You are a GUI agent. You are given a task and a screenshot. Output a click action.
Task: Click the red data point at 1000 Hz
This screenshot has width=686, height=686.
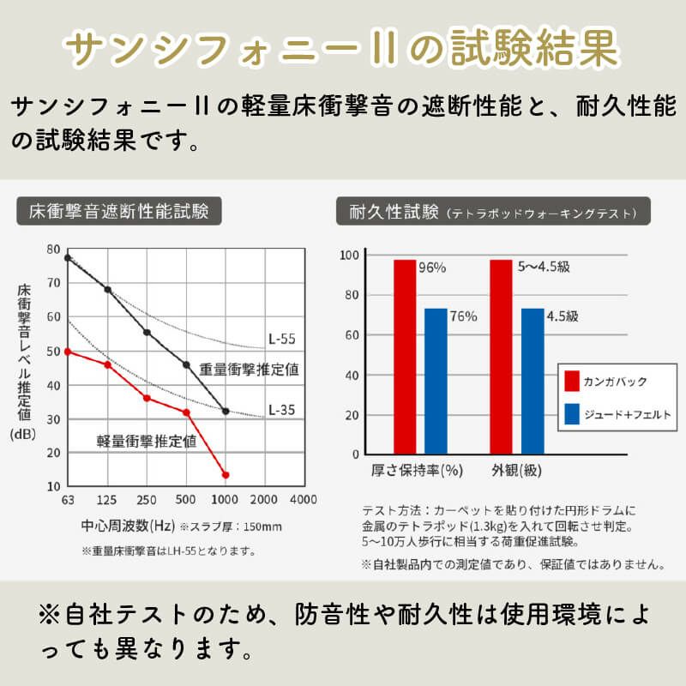[x=226, y=475]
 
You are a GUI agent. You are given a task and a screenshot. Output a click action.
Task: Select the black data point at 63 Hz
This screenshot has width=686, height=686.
[x=67, y=257]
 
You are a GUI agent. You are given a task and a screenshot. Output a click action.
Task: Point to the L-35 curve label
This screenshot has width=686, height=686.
[x=280, y=409]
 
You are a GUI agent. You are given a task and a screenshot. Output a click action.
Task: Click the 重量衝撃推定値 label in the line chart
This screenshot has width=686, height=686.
[x=249, y=370]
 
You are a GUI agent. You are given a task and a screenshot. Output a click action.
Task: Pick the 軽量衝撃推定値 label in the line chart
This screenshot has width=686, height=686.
[x=146, y=442]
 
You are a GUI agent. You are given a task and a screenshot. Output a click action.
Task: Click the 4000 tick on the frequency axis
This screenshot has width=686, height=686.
[x=303, y=500]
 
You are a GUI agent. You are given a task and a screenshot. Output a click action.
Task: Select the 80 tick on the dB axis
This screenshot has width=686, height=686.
[x=54, y=249]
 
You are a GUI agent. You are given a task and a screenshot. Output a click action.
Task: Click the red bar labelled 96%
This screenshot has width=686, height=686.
[x=405, y=356]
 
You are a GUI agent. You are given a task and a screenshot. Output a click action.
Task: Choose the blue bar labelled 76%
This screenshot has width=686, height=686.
[x=436, y=381]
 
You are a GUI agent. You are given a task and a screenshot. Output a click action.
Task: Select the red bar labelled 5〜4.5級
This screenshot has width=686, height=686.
[x=501, y=356]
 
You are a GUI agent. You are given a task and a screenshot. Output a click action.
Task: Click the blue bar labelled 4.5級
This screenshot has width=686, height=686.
[x=532, y=381]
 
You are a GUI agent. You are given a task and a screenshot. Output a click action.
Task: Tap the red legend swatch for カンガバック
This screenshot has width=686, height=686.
[x=573, y=381]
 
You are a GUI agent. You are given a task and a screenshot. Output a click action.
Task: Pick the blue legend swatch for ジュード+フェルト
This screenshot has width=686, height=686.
[x=573, y=414]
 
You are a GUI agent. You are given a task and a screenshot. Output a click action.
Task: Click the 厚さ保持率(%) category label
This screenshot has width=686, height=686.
[x=417, y=470]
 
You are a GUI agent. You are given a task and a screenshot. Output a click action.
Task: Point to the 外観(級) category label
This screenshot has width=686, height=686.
[x=517, y=470]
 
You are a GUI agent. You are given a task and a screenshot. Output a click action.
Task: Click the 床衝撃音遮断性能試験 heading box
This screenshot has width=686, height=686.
[x=119, y=211]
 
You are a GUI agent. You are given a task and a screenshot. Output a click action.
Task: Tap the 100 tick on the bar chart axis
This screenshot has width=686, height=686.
[x=348, y=256]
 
